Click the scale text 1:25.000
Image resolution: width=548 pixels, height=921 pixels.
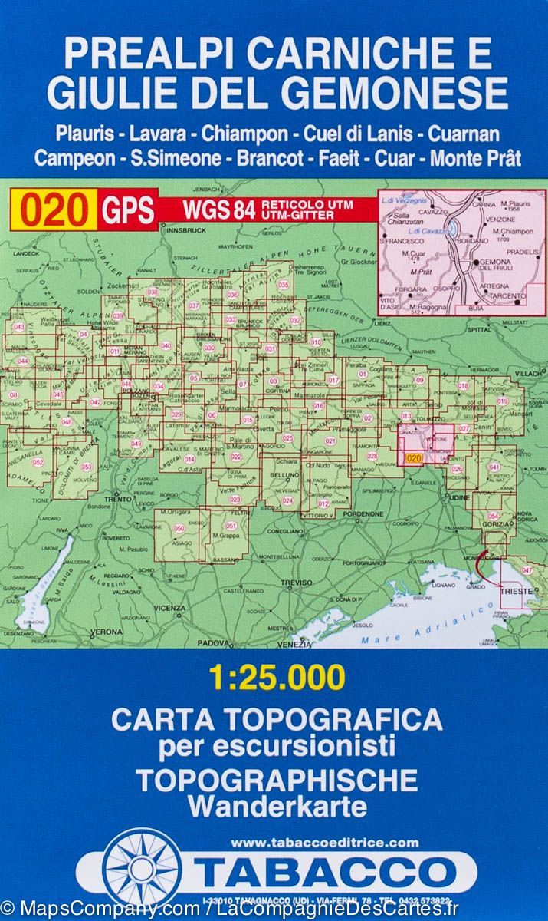point(277,678)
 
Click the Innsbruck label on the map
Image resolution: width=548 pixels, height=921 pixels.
point(185,229)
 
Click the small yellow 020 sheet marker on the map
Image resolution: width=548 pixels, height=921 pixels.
point(414,458)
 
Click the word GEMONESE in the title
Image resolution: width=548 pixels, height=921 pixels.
point(399,94)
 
